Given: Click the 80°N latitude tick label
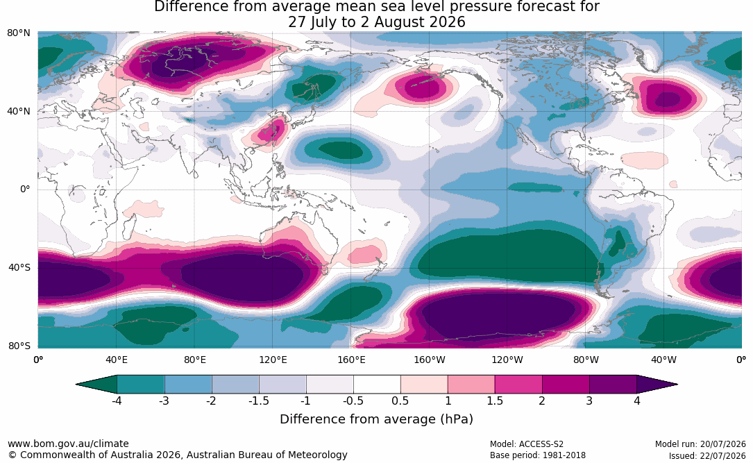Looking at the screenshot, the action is (18, 33).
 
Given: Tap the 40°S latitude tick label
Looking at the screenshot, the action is (19, 267).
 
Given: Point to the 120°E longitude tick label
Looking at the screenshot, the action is (273, 360).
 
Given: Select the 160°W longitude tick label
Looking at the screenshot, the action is (430, 360).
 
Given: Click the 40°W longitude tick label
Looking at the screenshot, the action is (664, 360).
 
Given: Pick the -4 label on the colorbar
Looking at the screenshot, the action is (117, 401).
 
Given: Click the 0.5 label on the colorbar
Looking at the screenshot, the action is (400, 401).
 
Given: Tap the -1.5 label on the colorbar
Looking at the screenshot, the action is (258, 401).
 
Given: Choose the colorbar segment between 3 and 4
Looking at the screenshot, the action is (614, 385).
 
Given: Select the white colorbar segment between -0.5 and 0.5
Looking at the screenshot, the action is (377, 385).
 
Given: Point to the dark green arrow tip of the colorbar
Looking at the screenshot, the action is (96, 385).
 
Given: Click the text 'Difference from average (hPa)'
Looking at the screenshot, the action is (376, 419).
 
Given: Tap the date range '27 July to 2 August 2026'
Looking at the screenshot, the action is (376, 22).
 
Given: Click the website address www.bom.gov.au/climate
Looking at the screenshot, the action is (68, 444).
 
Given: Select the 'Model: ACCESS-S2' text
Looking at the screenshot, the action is (527, 444).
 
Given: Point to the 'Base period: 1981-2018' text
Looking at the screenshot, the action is (538, 455).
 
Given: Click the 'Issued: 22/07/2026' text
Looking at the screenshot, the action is (707, 455).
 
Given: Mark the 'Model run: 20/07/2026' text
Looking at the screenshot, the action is (701, 444).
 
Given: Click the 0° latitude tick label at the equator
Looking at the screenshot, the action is (25, 190).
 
